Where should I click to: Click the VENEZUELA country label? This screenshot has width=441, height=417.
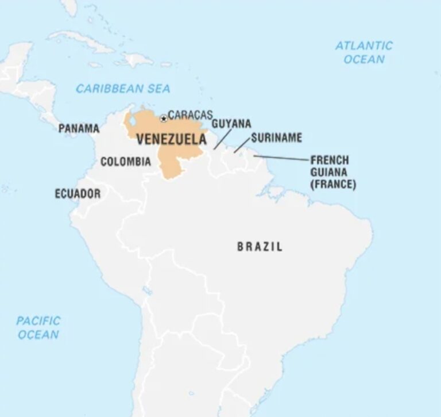coord(171,140)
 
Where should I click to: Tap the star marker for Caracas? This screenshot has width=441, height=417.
coord(164,118)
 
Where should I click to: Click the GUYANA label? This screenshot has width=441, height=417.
coord(231,124)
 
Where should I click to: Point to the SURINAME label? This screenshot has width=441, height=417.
coord(276,138)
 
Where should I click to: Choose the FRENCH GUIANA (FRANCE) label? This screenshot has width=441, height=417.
coord(333,172)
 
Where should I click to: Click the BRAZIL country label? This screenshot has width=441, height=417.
coord(260,247)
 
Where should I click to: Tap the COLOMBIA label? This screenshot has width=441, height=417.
coord(126,162)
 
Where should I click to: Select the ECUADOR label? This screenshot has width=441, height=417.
coord(78,194)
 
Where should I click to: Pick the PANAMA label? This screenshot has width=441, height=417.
coord(79,128)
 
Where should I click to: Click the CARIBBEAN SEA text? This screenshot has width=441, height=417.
coord(123,89)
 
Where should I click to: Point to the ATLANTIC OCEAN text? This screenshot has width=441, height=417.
coord(364,52)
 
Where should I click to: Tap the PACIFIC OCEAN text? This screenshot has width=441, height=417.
coord(38,327)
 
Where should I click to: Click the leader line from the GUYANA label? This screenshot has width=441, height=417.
coord(223,139)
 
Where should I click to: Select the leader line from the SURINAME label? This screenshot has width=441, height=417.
coord(242,145)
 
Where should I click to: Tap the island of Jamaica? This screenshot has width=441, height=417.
coord(96,64)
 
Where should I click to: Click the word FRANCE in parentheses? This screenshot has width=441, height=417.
coord(333,185)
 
